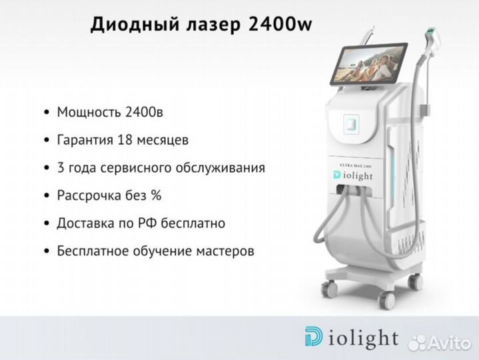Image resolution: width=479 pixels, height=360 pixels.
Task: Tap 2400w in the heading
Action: (280, 24)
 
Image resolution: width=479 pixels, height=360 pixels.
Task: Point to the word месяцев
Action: (163, 141)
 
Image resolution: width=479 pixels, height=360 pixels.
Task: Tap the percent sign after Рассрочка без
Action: (156, 195)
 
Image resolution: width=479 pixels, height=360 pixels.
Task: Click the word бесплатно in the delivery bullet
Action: (193, 223)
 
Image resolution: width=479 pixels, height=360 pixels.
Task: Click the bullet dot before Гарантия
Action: (47, 140)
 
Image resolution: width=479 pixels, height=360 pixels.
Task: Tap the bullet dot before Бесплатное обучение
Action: (47, 251)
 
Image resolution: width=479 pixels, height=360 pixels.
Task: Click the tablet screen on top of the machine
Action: (369, 63)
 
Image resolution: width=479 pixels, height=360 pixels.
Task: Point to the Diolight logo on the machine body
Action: (353, 175)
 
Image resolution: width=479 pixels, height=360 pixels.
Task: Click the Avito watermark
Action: (440, 343)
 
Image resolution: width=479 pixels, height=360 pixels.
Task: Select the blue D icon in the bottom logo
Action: (313, 337)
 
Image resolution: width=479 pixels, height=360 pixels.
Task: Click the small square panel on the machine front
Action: (351, 124)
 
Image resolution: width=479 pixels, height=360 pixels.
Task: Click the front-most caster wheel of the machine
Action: (386, 300)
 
